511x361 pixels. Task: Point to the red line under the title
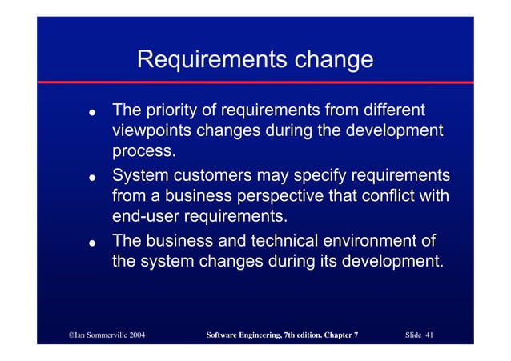pos(255,82)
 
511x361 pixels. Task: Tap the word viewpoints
pos(152,130)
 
